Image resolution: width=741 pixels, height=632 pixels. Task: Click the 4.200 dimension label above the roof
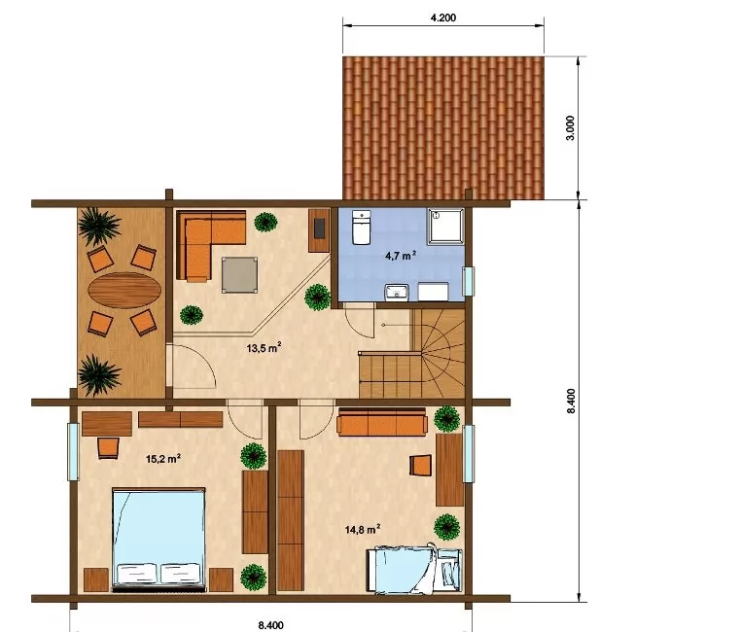(443, 18)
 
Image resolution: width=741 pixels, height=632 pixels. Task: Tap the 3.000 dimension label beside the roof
(571, 127)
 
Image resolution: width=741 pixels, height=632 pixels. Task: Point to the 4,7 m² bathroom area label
(401, 256)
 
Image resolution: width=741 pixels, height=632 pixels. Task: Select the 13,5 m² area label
(265, 348)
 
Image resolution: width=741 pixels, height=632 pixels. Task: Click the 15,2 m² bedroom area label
(163, 459)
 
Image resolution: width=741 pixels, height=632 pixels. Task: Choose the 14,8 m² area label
(363, 530)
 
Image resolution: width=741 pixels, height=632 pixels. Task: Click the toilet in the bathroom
(362, 228)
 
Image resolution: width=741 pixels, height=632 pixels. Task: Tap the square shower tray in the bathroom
(446, 227)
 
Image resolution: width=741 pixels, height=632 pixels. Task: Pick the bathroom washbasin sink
(397, 292)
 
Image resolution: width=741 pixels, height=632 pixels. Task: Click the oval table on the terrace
(124, 290)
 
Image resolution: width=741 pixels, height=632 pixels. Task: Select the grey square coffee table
(240, 274)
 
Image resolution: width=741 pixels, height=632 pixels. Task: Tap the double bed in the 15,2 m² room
(159, 540)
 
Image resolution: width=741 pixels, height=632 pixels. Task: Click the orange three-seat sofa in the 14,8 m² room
(382, 422)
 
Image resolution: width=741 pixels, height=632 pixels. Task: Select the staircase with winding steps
(411, 354)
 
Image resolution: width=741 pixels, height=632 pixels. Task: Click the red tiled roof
(443, 128)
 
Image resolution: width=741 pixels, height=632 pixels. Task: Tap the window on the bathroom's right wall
(468, 282)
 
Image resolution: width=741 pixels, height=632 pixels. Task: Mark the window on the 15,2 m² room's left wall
(73, 452)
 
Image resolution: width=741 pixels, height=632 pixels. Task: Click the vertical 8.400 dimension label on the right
(571, 401)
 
